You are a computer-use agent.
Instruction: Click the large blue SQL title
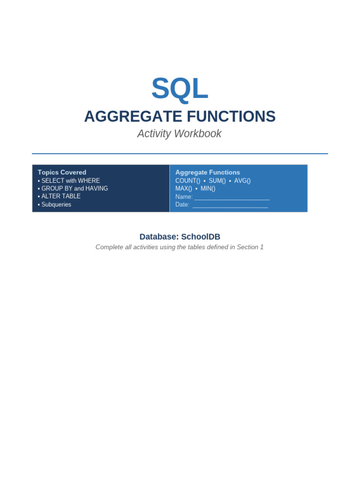(x=180, y=89)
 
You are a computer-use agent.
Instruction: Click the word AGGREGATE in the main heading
(x=133, y=116)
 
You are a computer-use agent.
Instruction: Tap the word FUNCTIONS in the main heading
(x=231, y=116)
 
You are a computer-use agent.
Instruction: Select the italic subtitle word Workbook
(x=198, y=134)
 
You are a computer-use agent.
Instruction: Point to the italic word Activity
(x=154, y=134)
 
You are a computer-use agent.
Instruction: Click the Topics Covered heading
(x=62, y=172)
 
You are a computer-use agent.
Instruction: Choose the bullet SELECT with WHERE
(x=69, y=180)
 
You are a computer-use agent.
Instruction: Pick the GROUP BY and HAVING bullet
(x=73, y=188)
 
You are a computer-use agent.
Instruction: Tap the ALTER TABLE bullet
(x=59, y=196)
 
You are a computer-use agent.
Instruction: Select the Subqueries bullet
(x=54, y=204)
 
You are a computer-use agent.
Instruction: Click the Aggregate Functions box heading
(x=208, y=172)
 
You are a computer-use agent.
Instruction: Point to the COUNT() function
(x=187, y=180)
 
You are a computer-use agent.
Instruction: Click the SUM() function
(x=217, y=180)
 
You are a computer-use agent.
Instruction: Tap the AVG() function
(x=242, y=180)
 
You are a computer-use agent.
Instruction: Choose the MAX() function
(x=184, y=188)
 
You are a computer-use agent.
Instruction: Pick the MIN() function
(x=208, y=188)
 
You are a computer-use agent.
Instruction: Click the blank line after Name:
(x=232, y=200)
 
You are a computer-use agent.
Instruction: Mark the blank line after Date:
(x=230, y=208)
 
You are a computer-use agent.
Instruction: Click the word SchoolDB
(x=201, y=237)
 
